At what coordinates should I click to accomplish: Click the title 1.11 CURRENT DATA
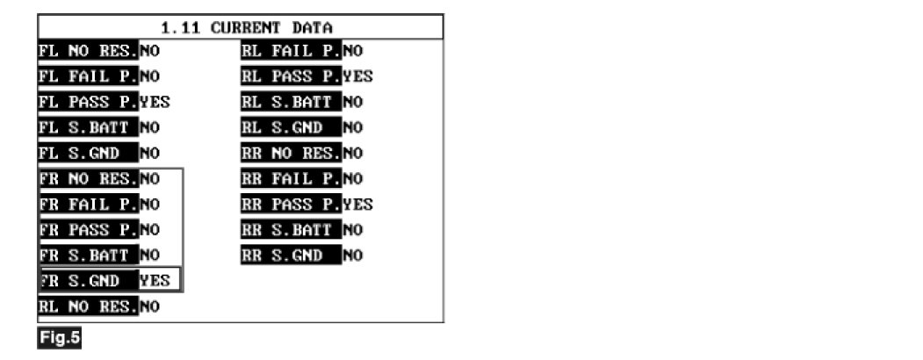click(240, 27)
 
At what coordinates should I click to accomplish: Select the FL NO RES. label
click(88, 50)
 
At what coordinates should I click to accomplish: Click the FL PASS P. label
click(88, 102)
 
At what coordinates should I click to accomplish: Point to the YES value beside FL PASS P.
click(155, 102)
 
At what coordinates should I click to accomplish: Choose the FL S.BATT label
click(88, 127)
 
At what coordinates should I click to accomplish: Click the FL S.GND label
click(88, 154)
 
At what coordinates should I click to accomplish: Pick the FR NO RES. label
click(88, 179)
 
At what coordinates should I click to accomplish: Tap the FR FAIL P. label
click(88, 205)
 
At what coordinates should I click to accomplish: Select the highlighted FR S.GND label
click(88, 281)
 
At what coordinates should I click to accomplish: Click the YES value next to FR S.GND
click(155, 281)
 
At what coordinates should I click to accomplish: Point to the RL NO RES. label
click(88, 307)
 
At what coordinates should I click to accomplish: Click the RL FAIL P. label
click(291, 50)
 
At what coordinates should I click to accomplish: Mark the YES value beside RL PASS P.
click(357, 76)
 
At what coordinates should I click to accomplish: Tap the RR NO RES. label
click(291, 154)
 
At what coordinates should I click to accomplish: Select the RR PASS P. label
click(291, 205)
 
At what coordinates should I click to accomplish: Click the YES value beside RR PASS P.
click(357, 205)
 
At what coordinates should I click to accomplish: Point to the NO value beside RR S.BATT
click(352, 230)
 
